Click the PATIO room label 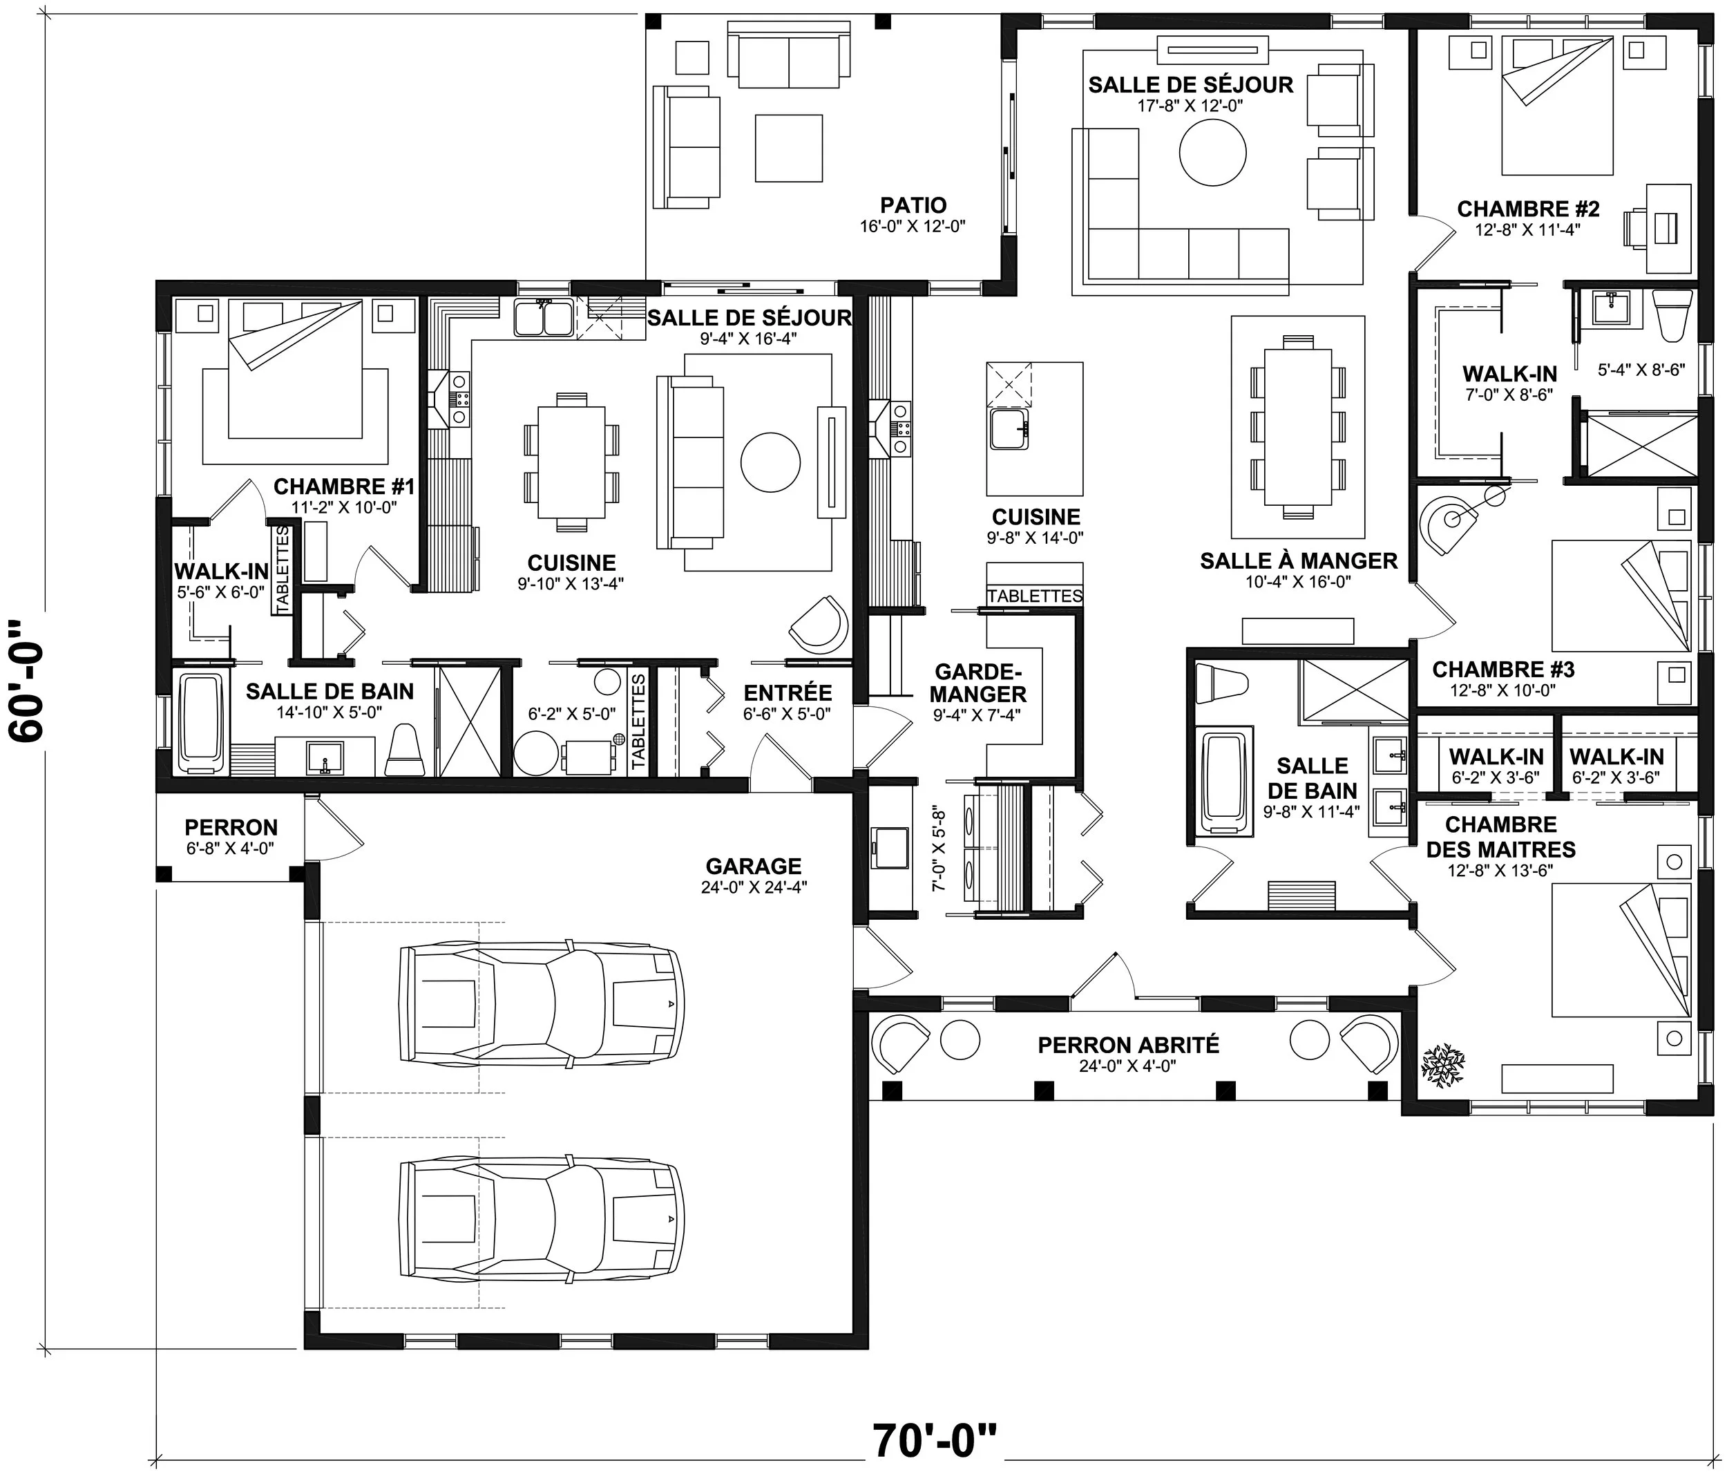click(913, 205)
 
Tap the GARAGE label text click(754, 866)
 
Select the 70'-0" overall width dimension click(935, 1441)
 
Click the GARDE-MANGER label click(979, 683)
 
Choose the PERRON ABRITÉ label click(1129, 1045)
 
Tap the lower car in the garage click(541, 1220)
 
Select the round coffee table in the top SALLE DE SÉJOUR click(1213, 153)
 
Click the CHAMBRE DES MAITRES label click(1501, 837)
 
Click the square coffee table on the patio click(788, 148)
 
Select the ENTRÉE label click(788, 693)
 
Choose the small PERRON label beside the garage click(231, 828)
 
